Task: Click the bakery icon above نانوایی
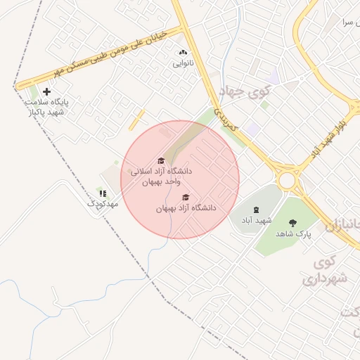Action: pyautogui.click(x=184, y=53)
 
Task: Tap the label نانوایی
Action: pyautogui.click(x=185, y=63)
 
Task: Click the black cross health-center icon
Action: pyautogui.click(x=47, y=91)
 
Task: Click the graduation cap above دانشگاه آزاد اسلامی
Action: pyautogui.click(x=160, y=160)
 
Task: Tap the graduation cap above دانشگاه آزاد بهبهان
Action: pyautogui.click(x=186, y=198)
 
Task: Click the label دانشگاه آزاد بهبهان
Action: pyautogui.click(x=186, y=208)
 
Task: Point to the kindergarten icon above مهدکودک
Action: pyautogui.click(x=103, y=193)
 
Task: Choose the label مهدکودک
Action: pyautogui.click(x=103, y=203)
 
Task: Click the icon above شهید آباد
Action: pyautogui.click(x=255, y=210)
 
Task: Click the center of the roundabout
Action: pyautogui.click(x=287, y=181)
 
